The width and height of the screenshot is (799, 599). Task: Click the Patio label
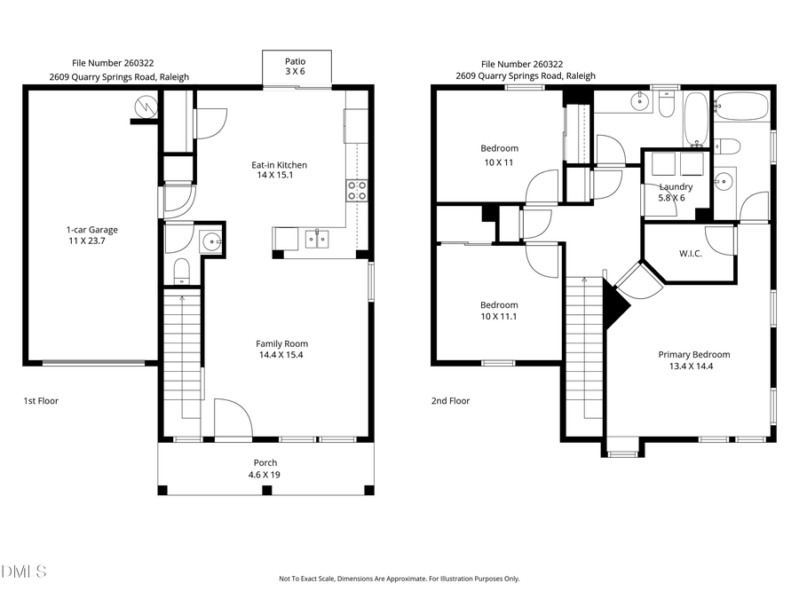tap(297, 60)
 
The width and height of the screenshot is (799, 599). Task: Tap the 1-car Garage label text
tap(92, 230)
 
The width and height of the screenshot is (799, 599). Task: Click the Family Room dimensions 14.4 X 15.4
tap(281, 355)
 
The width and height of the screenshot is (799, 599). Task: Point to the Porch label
tap(265, 462)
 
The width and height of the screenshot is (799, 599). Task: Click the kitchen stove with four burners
tap(357, 189)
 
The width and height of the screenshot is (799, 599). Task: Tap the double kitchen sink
tap(315, 239)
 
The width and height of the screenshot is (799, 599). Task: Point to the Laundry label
tap(676, 186)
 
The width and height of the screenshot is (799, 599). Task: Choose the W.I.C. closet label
tap(691, 254)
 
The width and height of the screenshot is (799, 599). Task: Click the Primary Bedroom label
tap(693, 355)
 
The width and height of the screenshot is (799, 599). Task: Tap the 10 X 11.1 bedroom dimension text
tap(498, 317)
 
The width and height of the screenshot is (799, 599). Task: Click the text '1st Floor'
tap(41, 401)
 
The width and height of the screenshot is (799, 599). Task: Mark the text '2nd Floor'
tap(452, 401)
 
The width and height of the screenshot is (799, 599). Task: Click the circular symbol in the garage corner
tap(143, 107)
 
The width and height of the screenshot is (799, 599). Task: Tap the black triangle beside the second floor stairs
tap(614, 304)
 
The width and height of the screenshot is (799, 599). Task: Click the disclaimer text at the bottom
tap(399, 579)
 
